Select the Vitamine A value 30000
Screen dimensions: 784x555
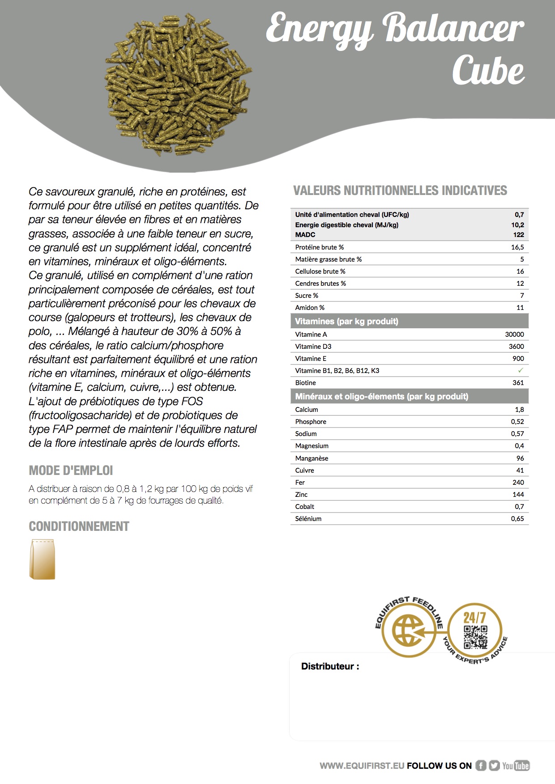pos(514,334)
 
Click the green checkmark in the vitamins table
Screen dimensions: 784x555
pos(520,370)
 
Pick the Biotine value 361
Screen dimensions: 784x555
pos(518,382)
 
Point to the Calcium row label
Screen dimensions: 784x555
pos(307,409)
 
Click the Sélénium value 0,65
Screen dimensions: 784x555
pos(517,518)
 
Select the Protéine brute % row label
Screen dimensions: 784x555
pos(319,247)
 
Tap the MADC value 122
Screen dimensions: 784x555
pos(518,234)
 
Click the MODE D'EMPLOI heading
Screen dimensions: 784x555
pos(71,470)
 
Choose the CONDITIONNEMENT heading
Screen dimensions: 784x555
pos(79,526)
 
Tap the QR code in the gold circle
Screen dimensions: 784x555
pos(475,637)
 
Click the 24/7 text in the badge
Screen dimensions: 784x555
pos(474,618)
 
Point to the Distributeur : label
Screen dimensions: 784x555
pos(330,666)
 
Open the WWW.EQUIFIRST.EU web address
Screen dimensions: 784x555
pos(362,766)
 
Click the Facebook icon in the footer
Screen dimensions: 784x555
pos(481,766)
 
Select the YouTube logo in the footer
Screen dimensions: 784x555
pos(516,766)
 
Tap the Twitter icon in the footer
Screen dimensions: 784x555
pos(494,766)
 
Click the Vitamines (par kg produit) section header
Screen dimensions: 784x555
pos(346,321)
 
